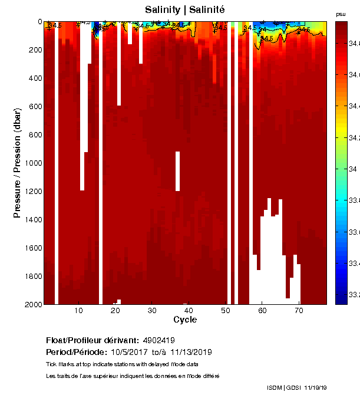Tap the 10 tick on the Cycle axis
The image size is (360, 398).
pos(79,311)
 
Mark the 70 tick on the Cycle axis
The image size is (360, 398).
pos(299,311)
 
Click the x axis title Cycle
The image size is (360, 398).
pos(185,320)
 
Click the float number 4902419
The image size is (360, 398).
pos(158,340)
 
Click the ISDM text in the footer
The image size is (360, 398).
pos(275,387)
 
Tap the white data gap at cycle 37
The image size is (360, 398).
pos(177,171)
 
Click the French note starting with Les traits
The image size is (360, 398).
pos(132,376)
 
